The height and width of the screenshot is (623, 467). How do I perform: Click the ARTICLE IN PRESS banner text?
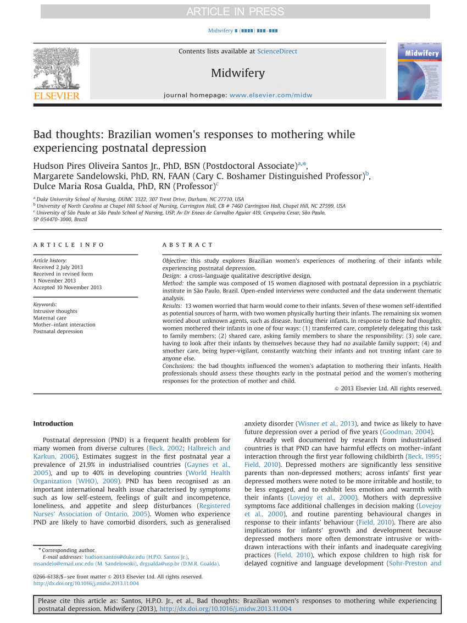(x=235, y=12)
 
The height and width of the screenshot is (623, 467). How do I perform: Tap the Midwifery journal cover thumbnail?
(x=419, y=71)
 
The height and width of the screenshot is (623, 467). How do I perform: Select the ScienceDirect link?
(x=277, y=51)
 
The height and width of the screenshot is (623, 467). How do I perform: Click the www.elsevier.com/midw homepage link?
(x=271, y=95)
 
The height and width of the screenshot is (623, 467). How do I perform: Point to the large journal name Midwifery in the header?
(x=237, y=73)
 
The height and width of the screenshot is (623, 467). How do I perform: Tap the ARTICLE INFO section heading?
(x=69, y=245)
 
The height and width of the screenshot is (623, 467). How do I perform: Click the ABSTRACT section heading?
(x=187, y=245)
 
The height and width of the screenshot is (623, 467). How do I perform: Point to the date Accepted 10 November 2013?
(x=68, y=287)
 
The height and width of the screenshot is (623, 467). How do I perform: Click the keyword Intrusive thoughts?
(x=55, y=311)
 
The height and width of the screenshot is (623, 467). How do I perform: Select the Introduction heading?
(x=53, y=423)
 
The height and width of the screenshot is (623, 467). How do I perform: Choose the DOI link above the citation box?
(x=86, y=583)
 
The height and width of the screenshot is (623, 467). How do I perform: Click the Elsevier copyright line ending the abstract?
(x=388, y=388)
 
